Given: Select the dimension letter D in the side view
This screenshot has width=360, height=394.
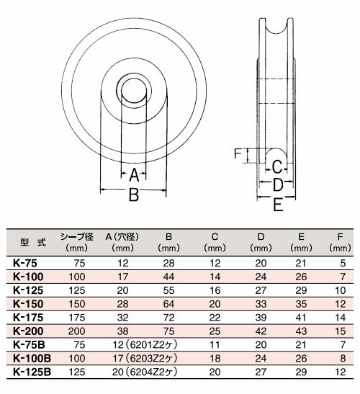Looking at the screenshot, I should tap(276, 185).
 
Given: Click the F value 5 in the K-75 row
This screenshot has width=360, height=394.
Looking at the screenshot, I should tap(344, 264).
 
